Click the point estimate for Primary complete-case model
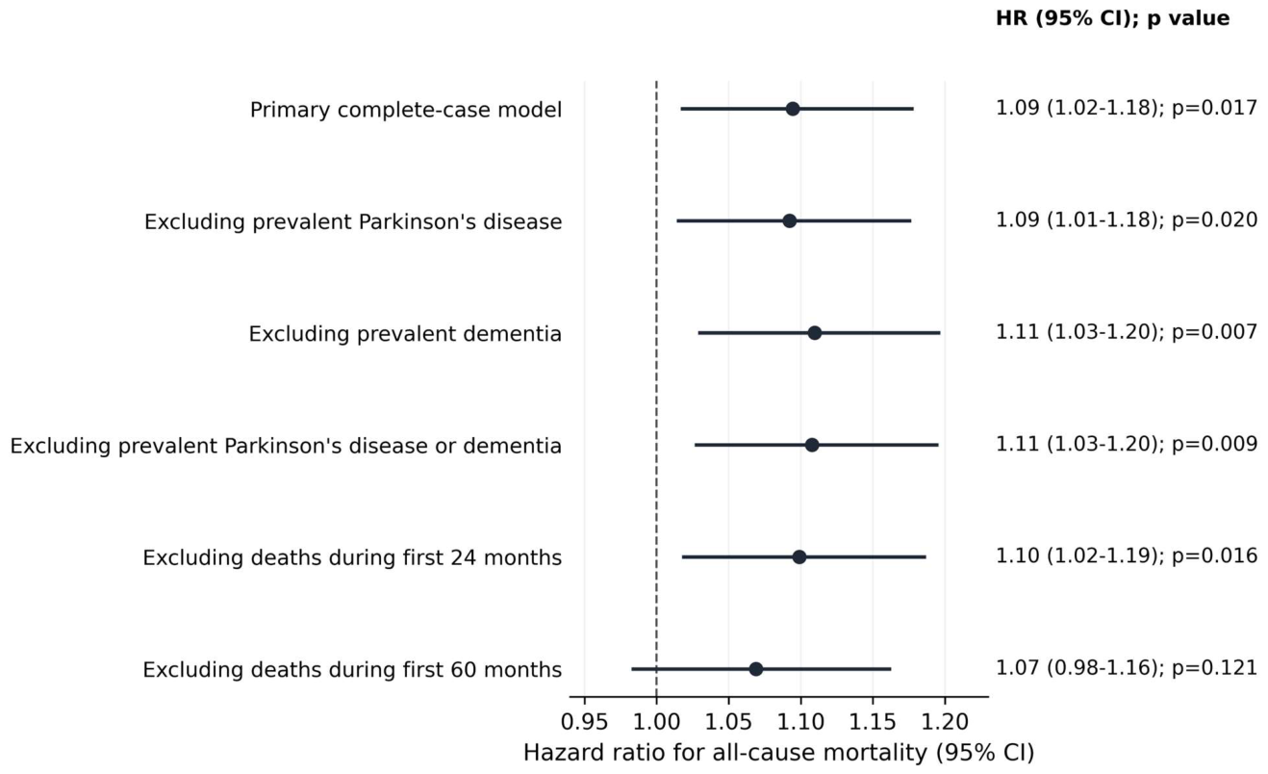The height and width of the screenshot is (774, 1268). (x=793, y=109)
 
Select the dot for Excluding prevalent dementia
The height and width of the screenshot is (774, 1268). (x=814, y=333)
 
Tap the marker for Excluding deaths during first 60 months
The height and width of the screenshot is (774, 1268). (x=756, y=669)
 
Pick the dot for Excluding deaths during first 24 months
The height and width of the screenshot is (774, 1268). (x=799, y=557)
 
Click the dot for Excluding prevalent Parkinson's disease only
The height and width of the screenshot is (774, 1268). (x=789, y=221)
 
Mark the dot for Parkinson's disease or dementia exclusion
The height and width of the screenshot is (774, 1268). (x=812, y=446)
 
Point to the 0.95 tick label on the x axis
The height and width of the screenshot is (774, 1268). (x=584, y=722)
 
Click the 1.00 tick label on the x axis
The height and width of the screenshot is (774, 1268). (x=656, y=722)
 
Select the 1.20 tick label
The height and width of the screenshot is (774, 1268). (x=944, y=722)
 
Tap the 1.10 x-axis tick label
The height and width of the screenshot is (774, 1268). (x=800, y=722)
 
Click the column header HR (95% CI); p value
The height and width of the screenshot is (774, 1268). (x=1112, y=18)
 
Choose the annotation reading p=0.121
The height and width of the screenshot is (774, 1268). (x=1214, y=669)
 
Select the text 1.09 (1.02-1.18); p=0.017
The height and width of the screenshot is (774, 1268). (x=1127, y=108)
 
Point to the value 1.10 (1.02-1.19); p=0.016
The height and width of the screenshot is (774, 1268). (x=1127, y=556)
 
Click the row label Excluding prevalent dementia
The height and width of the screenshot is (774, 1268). (x=405, y=334)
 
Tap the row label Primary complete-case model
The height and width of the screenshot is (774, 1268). (x=406, y=110)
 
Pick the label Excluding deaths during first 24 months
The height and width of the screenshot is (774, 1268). (x=352, y=558)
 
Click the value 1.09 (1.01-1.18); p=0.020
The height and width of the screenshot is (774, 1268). (x=1127, y=220)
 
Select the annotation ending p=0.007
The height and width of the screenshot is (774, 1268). (x=1127, y=332)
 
